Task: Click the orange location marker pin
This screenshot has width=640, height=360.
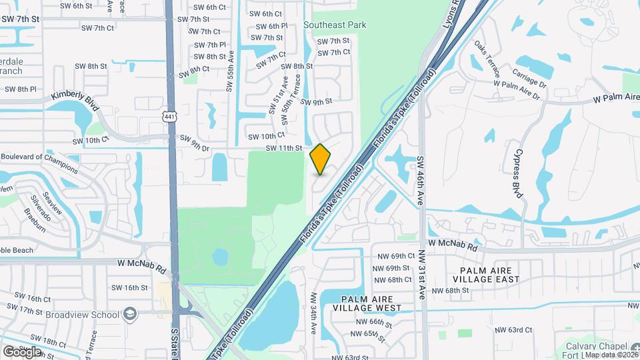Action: click(321, 159)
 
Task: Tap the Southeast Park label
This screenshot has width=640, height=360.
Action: click(335, 25)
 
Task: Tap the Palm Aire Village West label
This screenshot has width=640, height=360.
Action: click(371, 303)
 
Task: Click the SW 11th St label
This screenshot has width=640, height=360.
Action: click(285, 148)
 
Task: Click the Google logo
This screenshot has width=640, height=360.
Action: click(22, 351)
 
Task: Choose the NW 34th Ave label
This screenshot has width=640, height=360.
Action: click(313, 312)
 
